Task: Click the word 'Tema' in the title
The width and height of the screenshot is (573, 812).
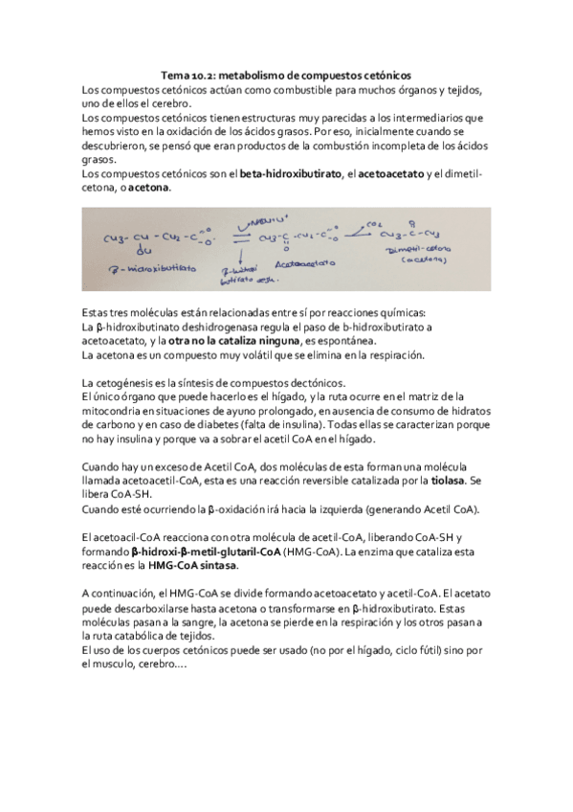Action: pos(175,76)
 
